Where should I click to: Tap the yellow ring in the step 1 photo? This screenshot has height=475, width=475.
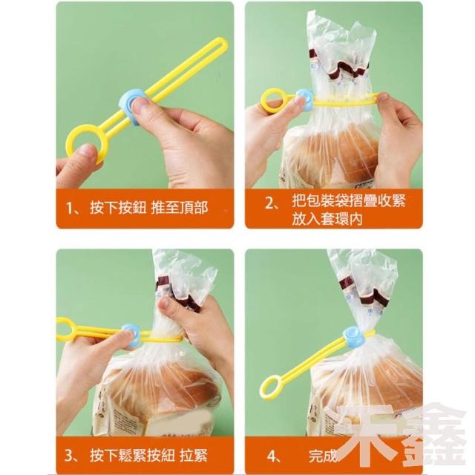pos(70,142)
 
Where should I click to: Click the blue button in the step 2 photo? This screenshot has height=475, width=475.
pos(305,98)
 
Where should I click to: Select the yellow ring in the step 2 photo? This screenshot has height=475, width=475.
pos(264,101)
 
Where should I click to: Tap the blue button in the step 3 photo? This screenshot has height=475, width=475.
pos(131,335)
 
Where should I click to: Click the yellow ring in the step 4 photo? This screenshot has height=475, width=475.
pos(263,387)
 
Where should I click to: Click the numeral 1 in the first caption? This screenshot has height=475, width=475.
pos(69,209)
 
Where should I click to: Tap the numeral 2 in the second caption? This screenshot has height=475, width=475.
pos(269,203)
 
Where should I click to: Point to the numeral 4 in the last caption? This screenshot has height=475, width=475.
pos(270,456)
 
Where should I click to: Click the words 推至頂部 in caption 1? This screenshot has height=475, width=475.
pos(179,208)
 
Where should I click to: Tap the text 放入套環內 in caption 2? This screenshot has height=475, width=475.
pos(327,219)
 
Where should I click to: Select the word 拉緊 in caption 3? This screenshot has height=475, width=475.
pos(193,456)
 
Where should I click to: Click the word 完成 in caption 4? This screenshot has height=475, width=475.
pos(323,456)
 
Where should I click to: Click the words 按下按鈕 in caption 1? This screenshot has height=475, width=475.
pos(118,208)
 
